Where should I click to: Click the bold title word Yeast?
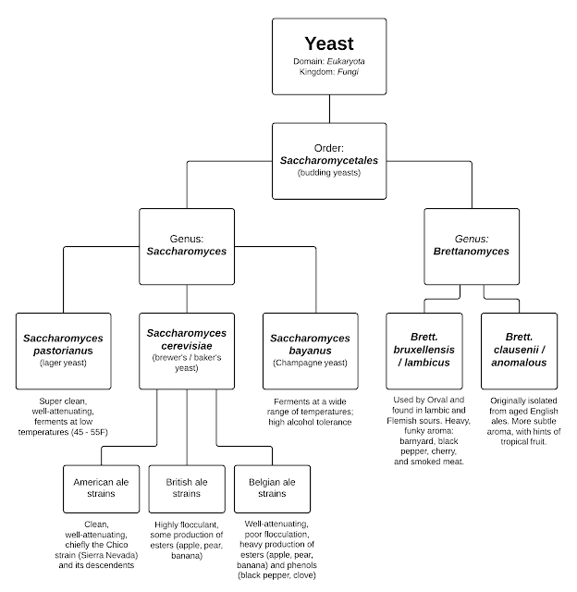coord(330,43)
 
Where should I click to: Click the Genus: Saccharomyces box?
coord(188,246)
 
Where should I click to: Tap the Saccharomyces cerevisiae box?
coord(188,351)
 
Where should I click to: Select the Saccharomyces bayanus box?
coord(311,351)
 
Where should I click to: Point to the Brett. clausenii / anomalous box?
coord(519,351)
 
